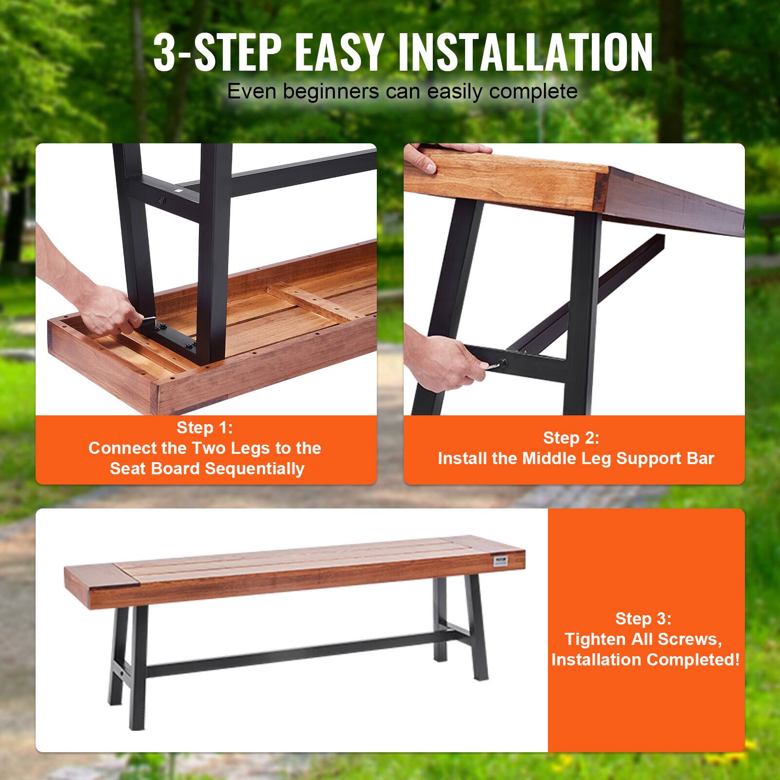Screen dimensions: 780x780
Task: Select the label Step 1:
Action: pyautogui.click(x=205, y=428)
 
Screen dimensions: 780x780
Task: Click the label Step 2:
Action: pyautogui.click(x=571, y=438)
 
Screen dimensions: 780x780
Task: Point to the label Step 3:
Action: pyautogui.click(x=643, y=619)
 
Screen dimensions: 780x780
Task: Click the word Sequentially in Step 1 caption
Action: pyautogui.click(x=254, y=468)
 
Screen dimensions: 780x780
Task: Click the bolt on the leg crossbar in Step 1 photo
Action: pyautogui.click(x=160, y=200)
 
